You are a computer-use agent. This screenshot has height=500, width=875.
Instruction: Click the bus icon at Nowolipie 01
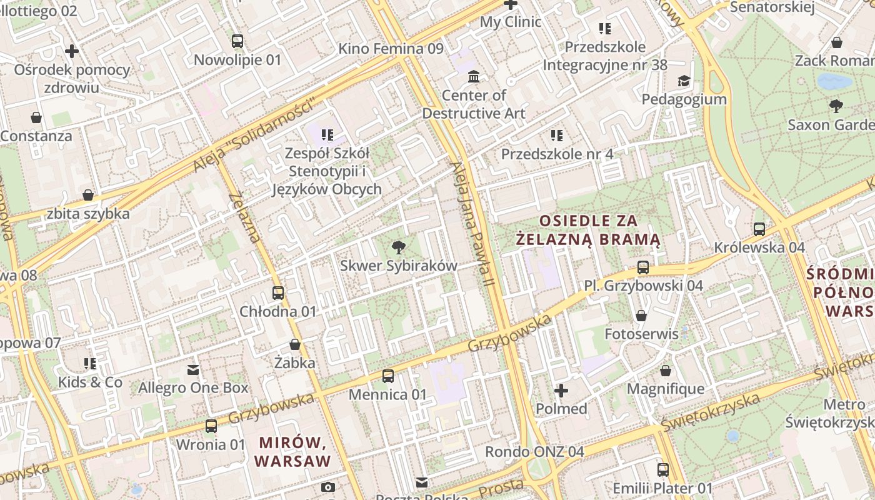click(237, 41)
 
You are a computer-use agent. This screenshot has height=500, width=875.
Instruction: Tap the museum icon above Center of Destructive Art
click(474, 77)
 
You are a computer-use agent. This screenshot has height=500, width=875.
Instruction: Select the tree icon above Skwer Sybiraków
click(397, 247)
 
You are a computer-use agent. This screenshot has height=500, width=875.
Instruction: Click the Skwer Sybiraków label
click(398, 266)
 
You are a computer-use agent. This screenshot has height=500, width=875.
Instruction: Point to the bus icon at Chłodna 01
click(278, 292)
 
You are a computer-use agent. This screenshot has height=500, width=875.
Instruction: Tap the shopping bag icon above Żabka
click(295, 344)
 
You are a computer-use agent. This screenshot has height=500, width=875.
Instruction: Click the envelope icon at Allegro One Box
click(193, 370)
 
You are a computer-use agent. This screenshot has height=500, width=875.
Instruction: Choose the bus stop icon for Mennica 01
click(388, 376)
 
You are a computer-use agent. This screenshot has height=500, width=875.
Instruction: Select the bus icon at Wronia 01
click(211, 426)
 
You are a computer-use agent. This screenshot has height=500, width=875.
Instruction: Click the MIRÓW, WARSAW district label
click(293, 452)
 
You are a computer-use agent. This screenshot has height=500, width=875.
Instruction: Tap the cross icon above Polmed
click(561, 391)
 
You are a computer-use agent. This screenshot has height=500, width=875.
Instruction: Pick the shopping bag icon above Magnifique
click(666, 371)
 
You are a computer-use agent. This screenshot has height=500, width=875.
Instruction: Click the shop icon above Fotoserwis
click(641, 316)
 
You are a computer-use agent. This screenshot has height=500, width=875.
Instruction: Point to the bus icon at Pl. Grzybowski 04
click(643, 267)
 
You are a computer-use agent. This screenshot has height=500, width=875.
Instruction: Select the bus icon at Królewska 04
click(759, 229)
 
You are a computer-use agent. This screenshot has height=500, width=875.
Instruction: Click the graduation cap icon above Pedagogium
click(684, 81)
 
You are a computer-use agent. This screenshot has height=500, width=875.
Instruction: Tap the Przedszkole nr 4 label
click(557, 154)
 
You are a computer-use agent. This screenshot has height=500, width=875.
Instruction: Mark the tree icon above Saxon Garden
click(836, 106)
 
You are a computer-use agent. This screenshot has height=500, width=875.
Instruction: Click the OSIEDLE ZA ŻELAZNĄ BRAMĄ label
click(588, 229)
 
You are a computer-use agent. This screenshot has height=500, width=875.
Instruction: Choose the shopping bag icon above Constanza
click(36, 117)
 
